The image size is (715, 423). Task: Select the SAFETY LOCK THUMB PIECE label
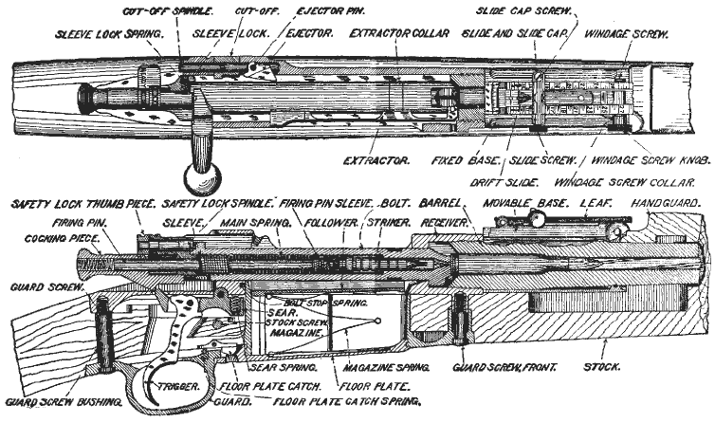[x=77, y=204]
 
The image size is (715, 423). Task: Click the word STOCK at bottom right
[x=603, y=365]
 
